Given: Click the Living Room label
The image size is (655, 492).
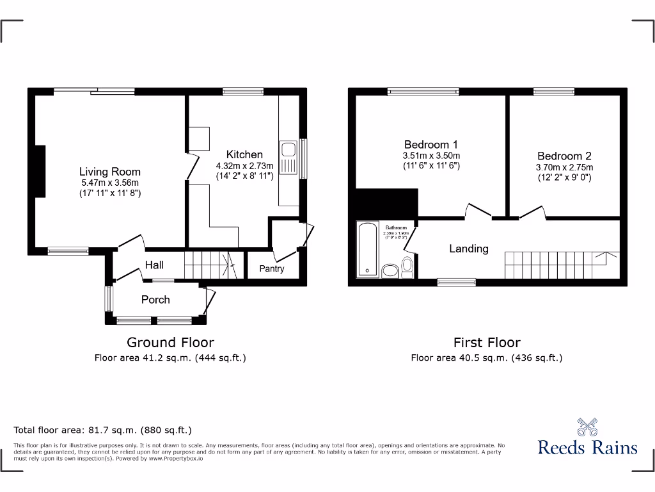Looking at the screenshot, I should coord(109,172).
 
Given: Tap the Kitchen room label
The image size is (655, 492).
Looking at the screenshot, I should coord(244,154).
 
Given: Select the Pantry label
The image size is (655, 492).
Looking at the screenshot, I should coord(272,269).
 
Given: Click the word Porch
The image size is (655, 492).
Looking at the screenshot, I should coord(155,299).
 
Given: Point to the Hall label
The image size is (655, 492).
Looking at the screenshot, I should coord(154,265).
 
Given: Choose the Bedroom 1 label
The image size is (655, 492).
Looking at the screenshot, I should coord(430,145).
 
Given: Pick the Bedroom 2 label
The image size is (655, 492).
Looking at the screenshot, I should coord(564,156).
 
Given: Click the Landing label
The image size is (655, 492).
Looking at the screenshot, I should coord(468,249).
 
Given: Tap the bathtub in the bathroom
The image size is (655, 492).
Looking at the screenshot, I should coord(367,249).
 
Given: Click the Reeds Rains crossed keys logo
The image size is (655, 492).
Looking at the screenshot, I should coord(587,427).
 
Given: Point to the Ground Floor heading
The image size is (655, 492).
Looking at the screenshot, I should coord(170,343).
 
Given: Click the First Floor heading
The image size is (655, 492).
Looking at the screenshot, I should coord(486,343).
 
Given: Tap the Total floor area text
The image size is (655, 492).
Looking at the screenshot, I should coord(103,430).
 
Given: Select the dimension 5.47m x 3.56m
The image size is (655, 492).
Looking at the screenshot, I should coord(109,183).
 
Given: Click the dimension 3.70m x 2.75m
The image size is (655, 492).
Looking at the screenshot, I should coord(564,168).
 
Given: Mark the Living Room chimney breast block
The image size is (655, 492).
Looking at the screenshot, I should coord(40,166).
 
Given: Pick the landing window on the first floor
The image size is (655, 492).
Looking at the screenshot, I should coord(456,282).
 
